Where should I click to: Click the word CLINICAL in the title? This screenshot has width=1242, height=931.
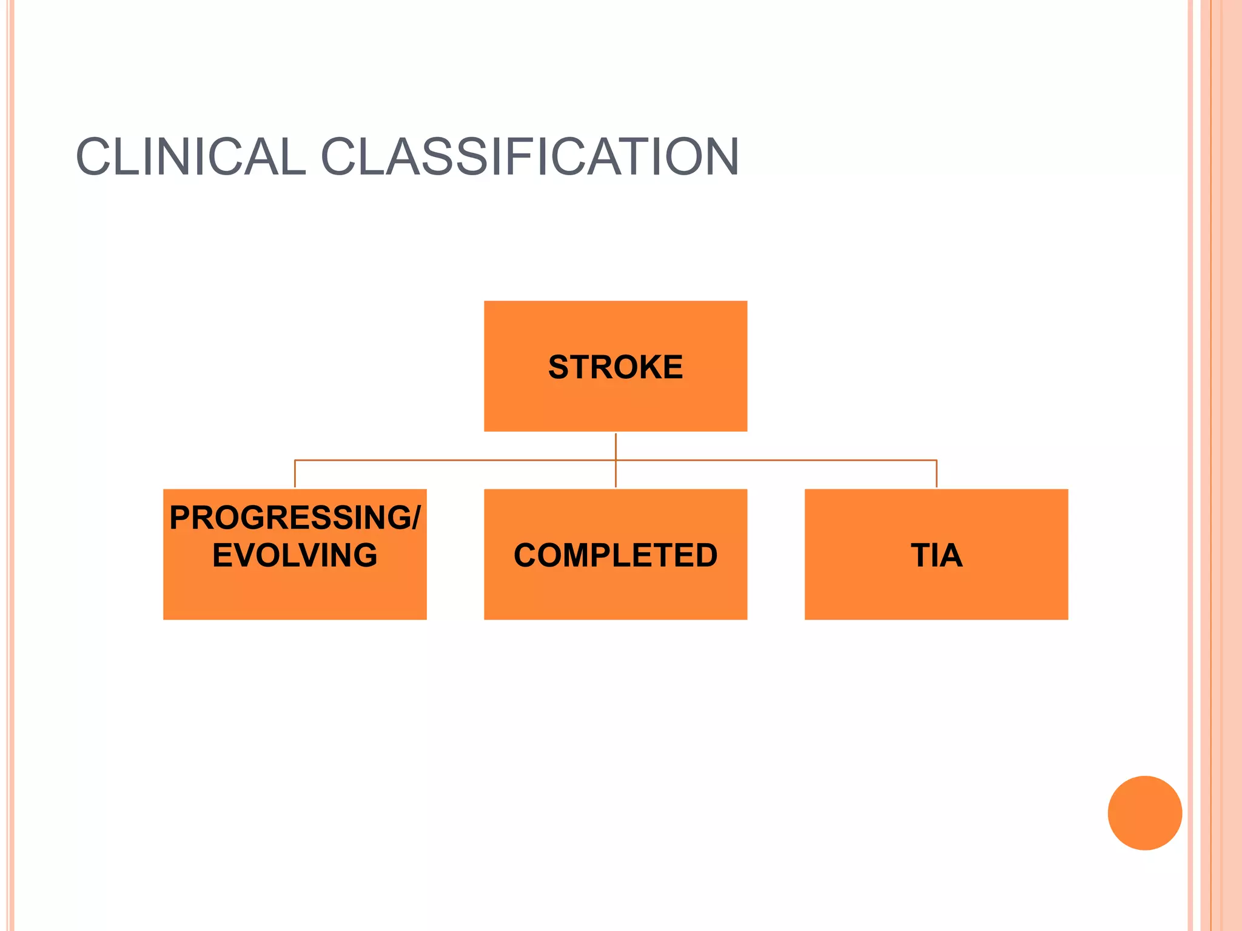(x=190, y=157)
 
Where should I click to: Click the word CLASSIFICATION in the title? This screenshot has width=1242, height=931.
(x=529, y=157)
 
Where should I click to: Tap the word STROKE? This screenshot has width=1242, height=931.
(x=615, y=367)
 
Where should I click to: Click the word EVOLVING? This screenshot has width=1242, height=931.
(x=295, y=555)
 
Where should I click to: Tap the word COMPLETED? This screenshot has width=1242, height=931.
(x=615, y=555)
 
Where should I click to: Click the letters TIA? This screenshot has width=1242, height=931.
(x=936, y=555)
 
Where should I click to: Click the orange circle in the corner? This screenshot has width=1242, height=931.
(x=1144, y=813)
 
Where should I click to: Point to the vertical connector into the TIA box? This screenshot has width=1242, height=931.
(x=936, y=475)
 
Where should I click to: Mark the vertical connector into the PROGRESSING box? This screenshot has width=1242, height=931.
(x=295, y=475)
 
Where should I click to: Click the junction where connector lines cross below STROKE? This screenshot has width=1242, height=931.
(x=616, y=461)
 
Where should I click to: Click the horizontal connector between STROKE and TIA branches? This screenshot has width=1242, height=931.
(x=776, y=461)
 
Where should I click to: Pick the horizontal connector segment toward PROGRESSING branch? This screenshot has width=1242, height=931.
(x=455, y=461)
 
